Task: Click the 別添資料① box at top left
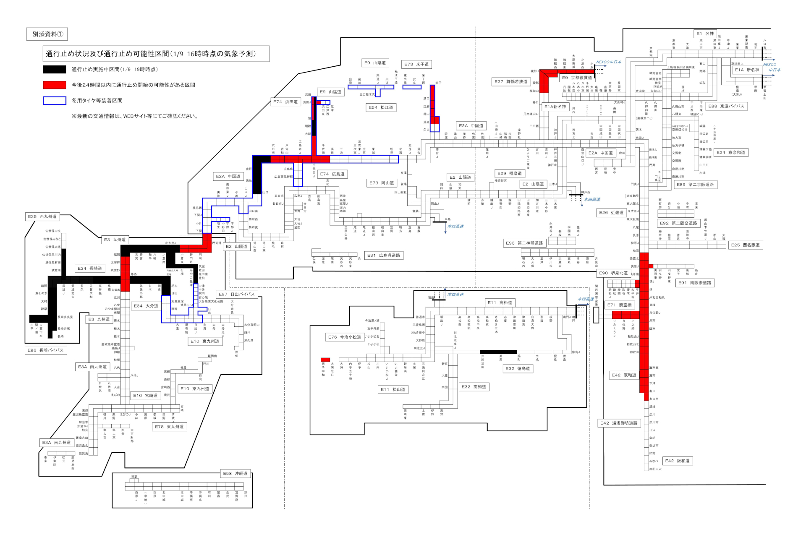click(47, 34)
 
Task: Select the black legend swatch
click(54, 69)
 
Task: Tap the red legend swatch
click(54, 85)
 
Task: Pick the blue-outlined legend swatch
click(54, 101)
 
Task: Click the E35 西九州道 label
click(42, 216)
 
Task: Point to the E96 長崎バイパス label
click(46, 350)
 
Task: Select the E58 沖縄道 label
click(235, 473)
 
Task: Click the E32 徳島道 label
click(518, 368)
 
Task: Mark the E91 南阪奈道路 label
click(694, 283)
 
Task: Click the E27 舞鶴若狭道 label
click(510, 81)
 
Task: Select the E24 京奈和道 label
click(731, 152)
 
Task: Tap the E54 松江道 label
click(381, 107)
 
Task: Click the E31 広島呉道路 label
click(383, 255)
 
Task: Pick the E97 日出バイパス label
click(236, 294)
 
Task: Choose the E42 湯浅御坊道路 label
click(619, 423)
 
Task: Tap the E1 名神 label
click(705, 34)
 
